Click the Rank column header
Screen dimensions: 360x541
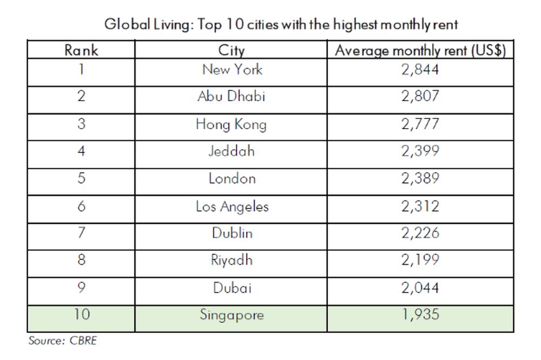coord(81,50)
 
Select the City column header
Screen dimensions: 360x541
coord(232,50)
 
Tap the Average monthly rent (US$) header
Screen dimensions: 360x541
coord(420,50)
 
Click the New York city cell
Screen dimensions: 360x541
coord(232,69)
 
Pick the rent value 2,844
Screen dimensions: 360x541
coord(420,69)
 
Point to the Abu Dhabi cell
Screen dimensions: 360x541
coord(232,97)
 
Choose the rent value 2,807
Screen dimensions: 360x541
coord(420,97)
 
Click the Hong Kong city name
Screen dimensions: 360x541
coord(232,124)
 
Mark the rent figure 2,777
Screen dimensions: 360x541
coord(420,124)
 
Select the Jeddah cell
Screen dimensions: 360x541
coord(232,151)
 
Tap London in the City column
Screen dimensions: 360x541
coord(232,178)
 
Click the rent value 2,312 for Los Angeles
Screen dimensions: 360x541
coord(420,206)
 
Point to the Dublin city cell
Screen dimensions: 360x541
coord(232,233)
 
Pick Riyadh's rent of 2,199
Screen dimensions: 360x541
coord(420,260)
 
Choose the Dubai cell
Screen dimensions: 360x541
coord(232,288)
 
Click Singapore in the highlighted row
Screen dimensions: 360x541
coord(232,315)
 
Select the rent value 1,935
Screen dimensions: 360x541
coord(420,315)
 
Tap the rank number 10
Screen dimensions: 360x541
coord(81,315)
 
